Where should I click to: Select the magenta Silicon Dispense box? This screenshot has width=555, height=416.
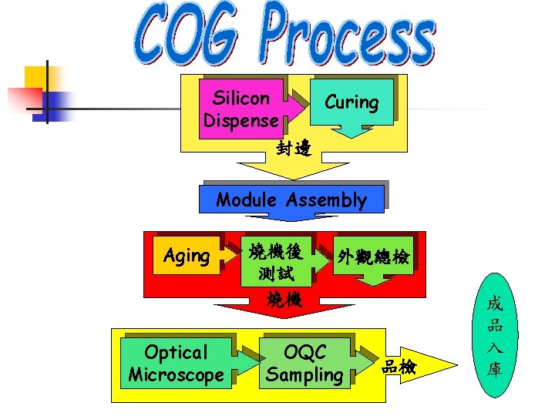[x=240, y=109]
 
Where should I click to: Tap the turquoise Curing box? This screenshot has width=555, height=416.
[x=351, y=102]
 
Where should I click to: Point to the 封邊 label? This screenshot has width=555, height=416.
[x=294, y=148]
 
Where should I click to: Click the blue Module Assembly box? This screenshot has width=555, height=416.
[x=291, y=200]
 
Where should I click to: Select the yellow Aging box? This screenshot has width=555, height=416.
[x=187, y=256]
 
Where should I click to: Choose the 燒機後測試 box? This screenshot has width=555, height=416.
[x=275, y=261]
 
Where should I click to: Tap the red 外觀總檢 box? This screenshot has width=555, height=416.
[x=372, y=257]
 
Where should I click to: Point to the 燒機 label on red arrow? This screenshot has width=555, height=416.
[x=284, y=300]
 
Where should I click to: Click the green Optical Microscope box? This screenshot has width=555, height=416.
[x=176, y=364]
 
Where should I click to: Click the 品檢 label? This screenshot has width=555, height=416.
[x=399, y=367]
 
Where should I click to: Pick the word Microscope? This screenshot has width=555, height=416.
[x=176, y=375]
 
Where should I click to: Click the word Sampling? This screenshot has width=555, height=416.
[x=304, y=375]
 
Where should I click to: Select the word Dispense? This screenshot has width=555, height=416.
[x=240, y=121]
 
